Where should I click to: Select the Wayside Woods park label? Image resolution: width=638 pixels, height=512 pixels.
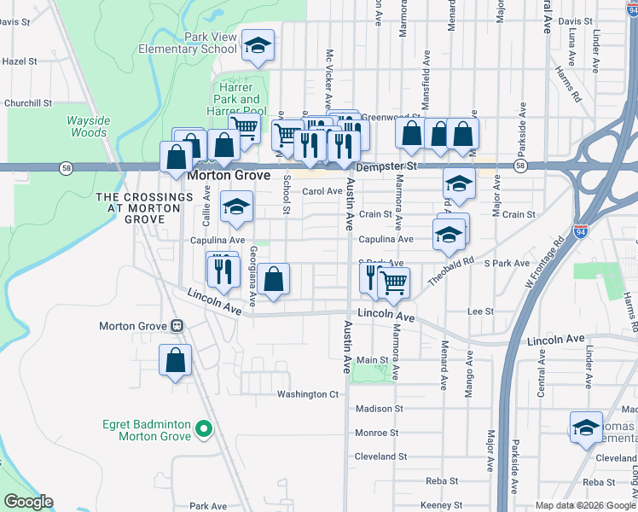[x=88, y=126]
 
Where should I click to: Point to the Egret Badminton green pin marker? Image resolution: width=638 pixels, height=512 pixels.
[x=203, y=428]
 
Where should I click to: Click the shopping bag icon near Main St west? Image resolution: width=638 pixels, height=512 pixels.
[x=175, y=359]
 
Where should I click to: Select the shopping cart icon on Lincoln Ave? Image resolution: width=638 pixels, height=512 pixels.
[x=392, y=282]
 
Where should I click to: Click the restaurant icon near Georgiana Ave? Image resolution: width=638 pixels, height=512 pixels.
[x=222, y=270]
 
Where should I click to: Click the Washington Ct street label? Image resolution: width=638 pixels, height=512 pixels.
[x=308, y=394]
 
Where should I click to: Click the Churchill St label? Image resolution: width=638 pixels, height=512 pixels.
[x=28, y=103]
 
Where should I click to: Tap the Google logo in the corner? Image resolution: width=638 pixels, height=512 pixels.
[x=28, y=502]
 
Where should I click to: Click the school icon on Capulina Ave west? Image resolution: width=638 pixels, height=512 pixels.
[x=236, y=207]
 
